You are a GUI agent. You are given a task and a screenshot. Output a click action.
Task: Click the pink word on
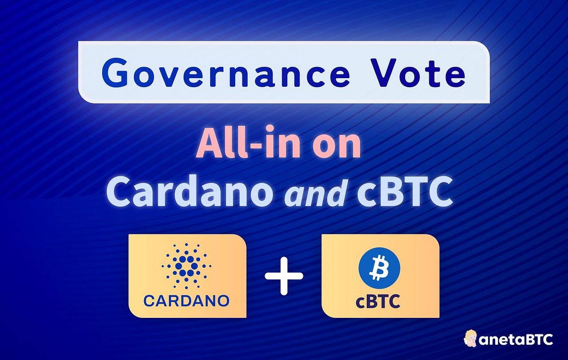pos(337,146)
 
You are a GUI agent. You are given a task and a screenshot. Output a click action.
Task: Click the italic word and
pos(314,194)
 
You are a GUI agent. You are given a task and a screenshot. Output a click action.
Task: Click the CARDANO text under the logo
pos(186,300)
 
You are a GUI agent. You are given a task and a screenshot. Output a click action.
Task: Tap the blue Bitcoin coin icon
pos(379,268)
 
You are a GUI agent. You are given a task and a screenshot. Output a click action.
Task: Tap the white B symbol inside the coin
pos(379,268)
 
